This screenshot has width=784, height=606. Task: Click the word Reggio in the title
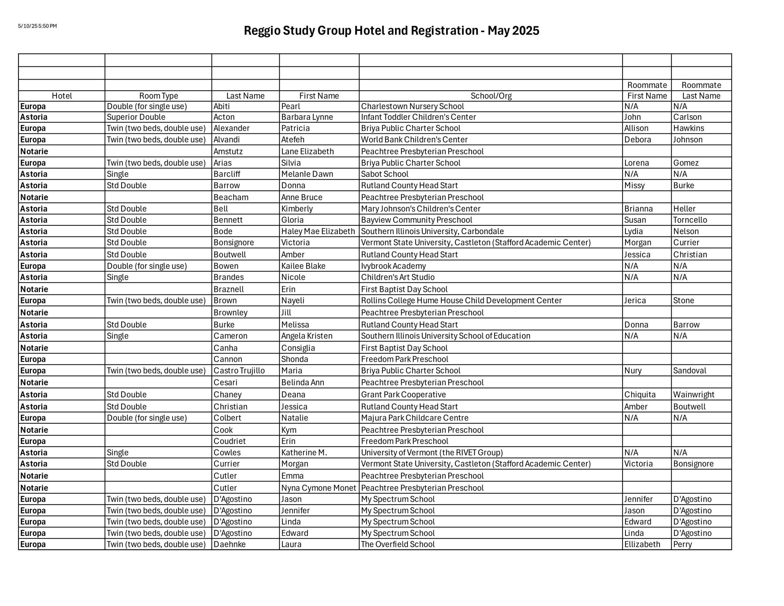(262, 31)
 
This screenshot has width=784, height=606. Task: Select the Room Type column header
(158, 96)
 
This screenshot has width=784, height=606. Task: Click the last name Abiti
(221, 106)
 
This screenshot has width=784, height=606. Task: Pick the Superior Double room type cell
(136, 117)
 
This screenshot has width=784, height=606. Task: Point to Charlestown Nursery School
(412, 106)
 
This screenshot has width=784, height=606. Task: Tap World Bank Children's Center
(414, 140)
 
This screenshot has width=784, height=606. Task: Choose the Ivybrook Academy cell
(393, 266)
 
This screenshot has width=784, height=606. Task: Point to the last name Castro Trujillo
(239, 371)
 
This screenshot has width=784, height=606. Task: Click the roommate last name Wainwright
(694, 394)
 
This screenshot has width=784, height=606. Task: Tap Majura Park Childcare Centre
(414, 418)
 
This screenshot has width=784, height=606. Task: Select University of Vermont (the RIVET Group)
(432, 453)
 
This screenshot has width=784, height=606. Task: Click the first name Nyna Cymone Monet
(318, 488)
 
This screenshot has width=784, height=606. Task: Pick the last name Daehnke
(229, 544)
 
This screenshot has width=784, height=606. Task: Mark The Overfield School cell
(398, 544)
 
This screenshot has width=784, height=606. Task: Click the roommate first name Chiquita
(640, 394)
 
